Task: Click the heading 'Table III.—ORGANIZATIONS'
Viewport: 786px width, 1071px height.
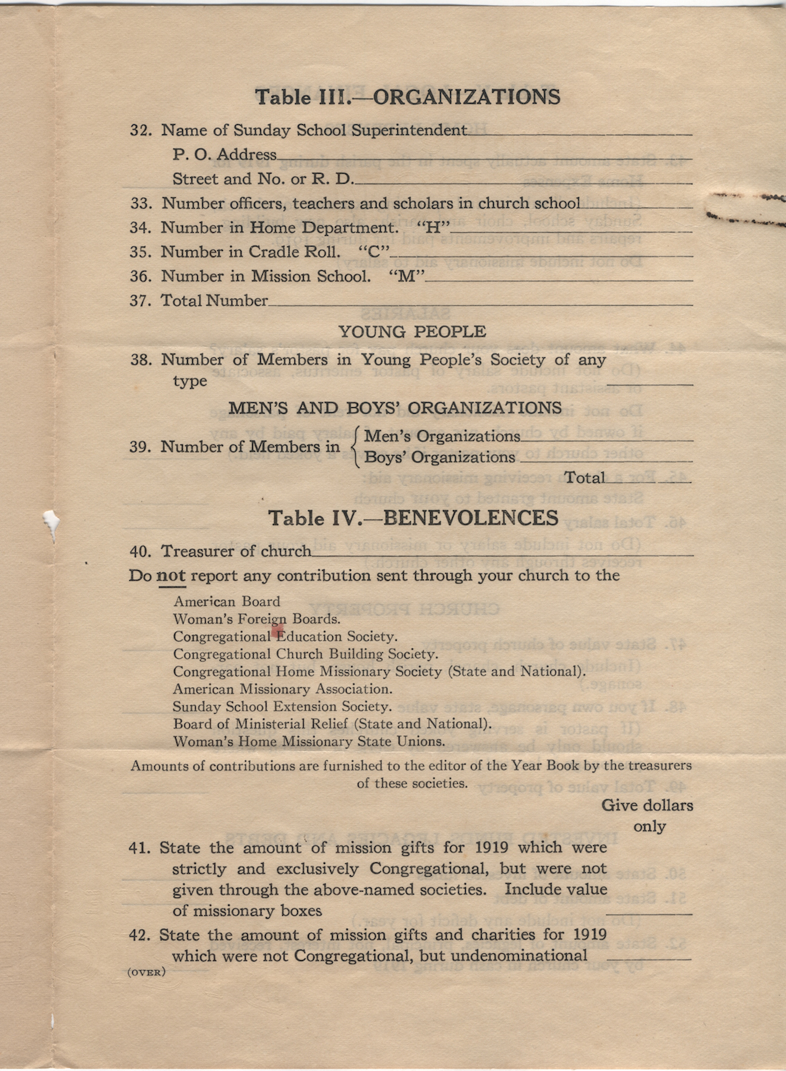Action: [x=407, y=97]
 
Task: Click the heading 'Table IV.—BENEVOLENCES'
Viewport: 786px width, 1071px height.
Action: [x=413, y=518]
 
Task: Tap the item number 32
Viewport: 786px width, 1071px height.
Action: [x=140, y=131]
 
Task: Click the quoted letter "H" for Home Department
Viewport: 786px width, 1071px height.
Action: [x=433, y=228]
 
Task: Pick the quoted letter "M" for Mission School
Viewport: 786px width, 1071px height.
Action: [x=406, y=277]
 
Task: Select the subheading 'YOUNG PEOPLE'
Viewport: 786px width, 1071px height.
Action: [x=412, y=332]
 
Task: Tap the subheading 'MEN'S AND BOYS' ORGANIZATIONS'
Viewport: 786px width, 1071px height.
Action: [x=395, y=408]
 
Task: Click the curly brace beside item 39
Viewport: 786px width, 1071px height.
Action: [x=355, y=447]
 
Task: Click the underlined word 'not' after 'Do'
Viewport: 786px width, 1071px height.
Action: [x=171, y=576]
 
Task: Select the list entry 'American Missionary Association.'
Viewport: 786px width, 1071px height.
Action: [x=282, y=689]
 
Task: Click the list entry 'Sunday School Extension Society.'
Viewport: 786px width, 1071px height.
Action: [x=282, y=707]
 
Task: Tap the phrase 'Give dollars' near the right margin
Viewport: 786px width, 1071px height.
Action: [x=647, y=805]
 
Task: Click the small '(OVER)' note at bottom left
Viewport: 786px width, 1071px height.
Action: [x=146, y=972]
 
